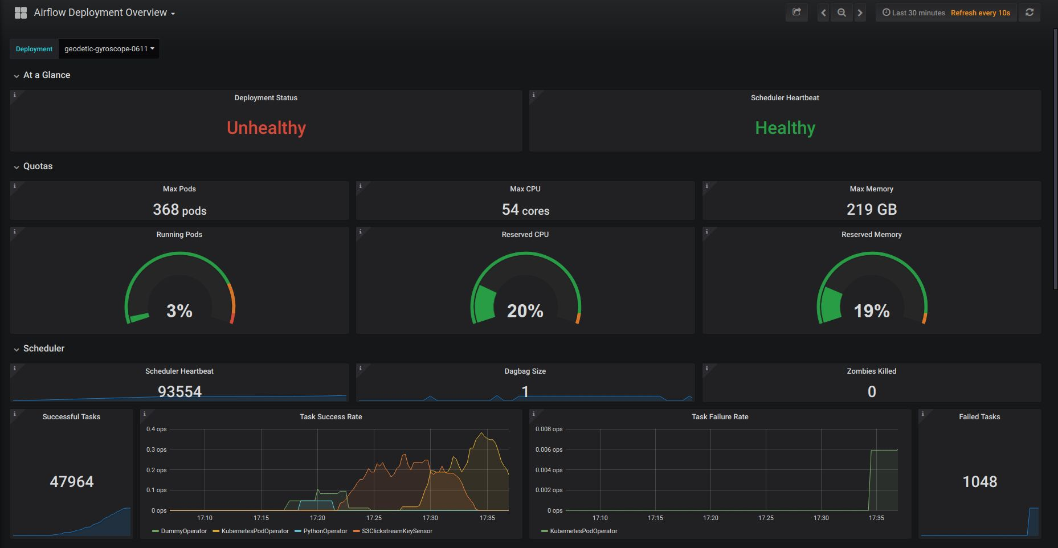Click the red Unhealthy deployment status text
pos(266,128)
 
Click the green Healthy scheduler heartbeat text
pos(785,128)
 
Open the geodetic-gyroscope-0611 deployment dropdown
pos(109,49)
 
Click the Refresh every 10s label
pos(980,13)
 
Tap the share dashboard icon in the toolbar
pos(796,12)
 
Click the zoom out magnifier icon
pos(842,13)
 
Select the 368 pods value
pos(179,210)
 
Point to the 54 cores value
pos(525,210)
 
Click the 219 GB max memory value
pos(871,210)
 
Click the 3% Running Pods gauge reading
pos(179,311)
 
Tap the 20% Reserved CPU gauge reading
pos(525,311)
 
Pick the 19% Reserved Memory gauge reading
pos(871,311)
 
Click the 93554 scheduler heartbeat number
pos(179,391)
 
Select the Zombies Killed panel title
pos(871,371)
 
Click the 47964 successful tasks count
pos(71,482)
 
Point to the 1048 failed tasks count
pos(979,482)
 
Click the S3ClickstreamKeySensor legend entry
pos(397,531)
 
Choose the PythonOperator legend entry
pos(325,531)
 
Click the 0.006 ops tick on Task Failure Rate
pos(549,449)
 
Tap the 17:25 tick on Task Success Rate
pos(374,518)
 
